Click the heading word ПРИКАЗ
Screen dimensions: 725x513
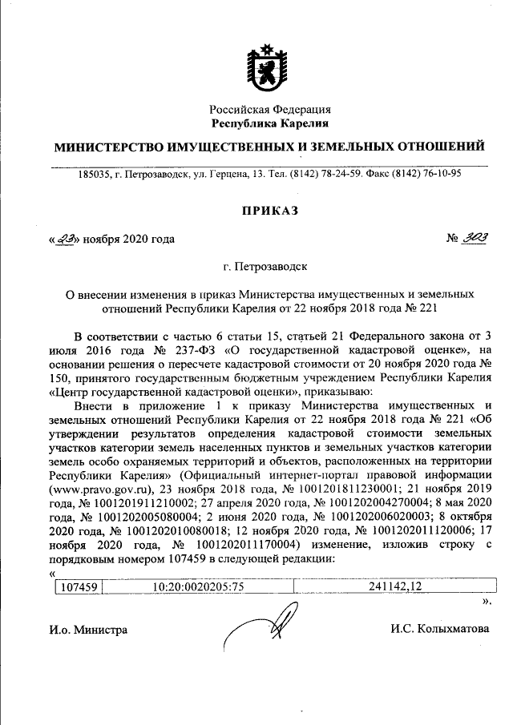(x=269, y=210)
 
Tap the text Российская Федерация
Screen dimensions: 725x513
(x=270, y=110)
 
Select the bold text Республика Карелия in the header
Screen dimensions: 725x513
(x=270, y=123)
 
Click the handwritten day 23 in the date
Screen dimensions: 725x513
(x=65, y=239)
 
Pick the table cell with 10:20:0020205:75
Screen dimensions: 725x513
(x=197, y=586)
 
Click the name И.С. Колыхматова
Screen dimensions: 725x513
(x=440, y=629)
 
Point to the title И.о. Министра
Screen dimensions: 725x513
(x=89, y=630)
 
